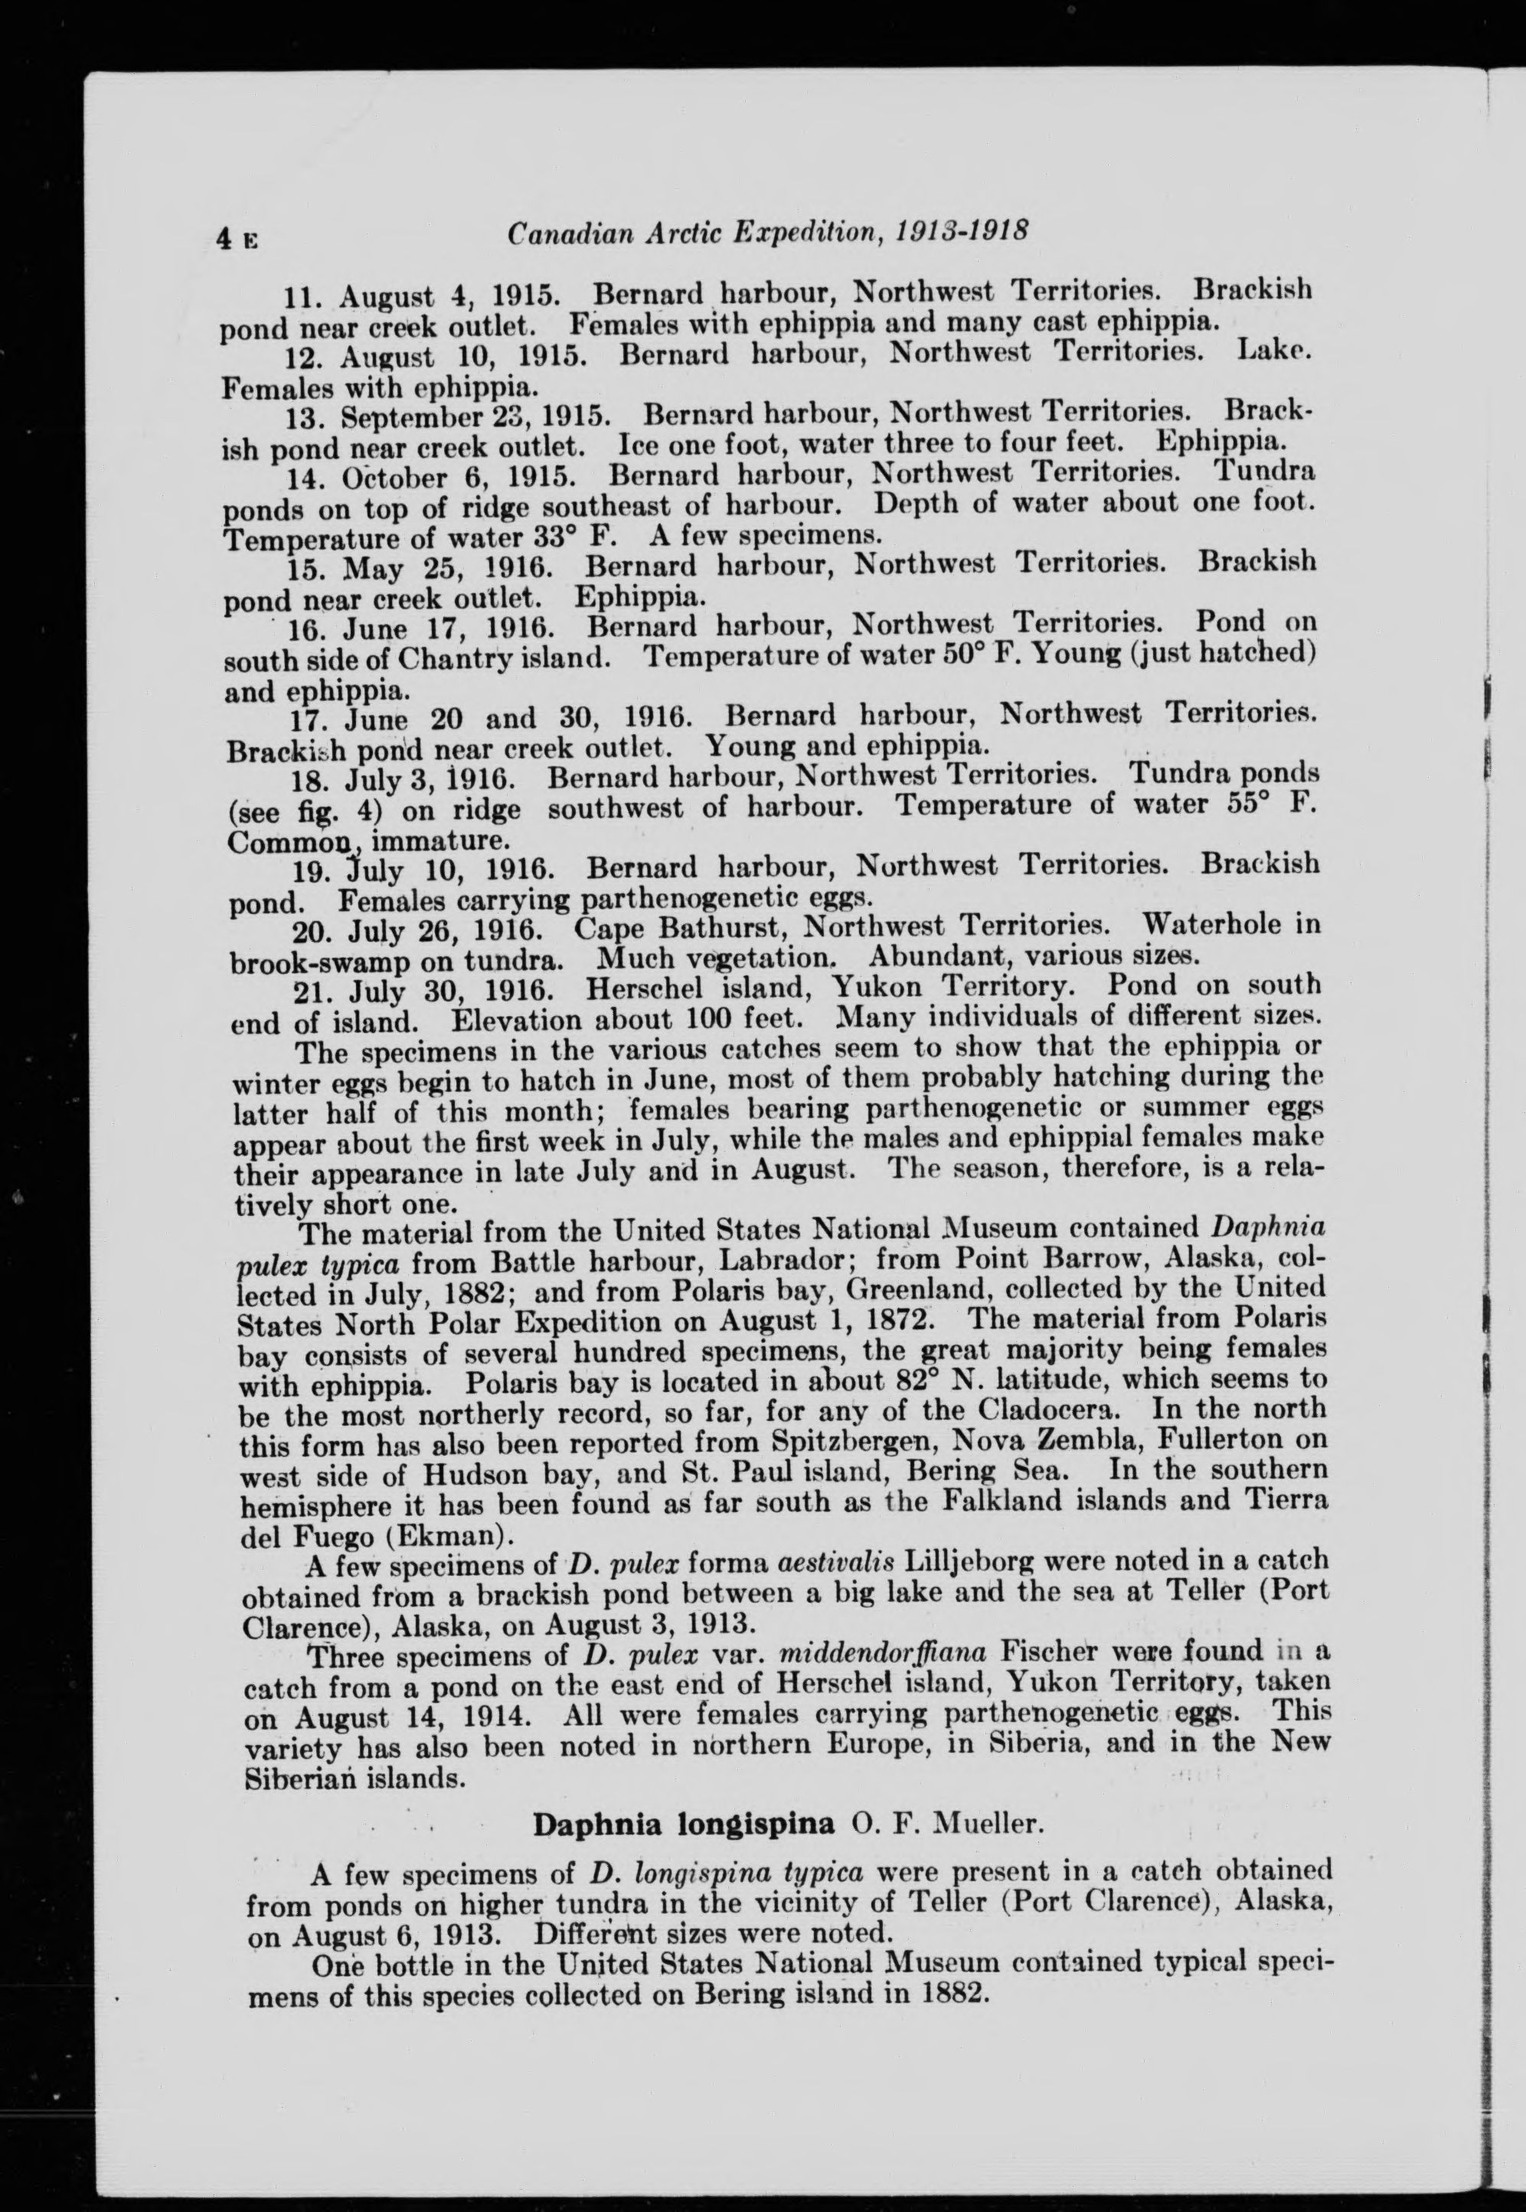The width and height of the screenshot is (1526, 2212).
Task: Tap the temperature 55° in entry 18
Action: coord(1249,804)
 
